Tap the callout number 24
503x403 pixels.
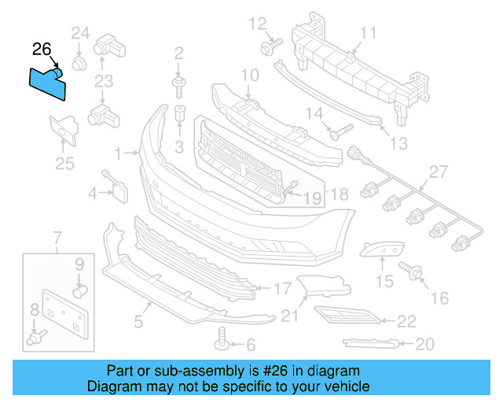click(80, 33)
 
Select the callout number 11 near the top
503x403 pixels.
click(369, 32)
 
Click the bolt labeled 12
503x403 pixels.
click(268, 48)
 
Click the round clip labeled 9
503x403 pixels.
click(79, 290)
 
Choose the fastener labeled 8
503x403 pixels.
click(35, 338)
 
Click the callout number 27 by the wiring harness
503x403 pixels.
click(438, 172)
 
